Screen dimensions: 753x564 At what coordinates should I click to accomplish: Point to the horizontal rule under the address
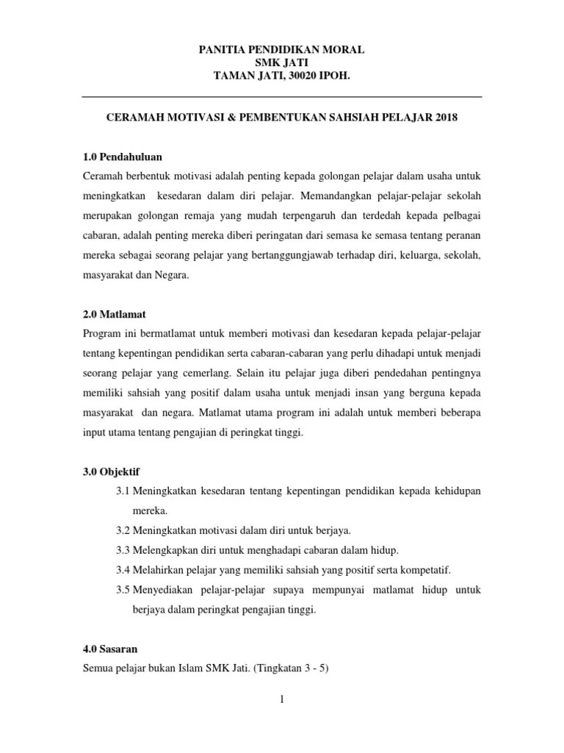(x=281, y=96)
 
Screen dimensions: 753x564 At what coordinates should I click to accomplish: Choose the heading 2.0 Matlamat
(x=116, y=314)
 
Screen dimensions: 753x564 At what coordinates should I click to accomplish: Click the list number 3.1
(x=123, y=490)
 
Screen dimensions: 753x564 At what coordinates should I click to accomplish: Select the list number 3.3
(x=123, y=550)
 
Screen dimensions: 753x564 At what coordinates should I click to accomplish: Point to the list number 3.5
(x=123, y=590)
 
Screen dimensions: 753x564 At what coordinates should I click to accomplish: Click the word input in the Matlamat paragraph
(x=95, y=432)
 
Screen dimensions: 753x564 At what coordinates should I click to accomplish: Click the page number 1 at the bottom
(x=281, y=699)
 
